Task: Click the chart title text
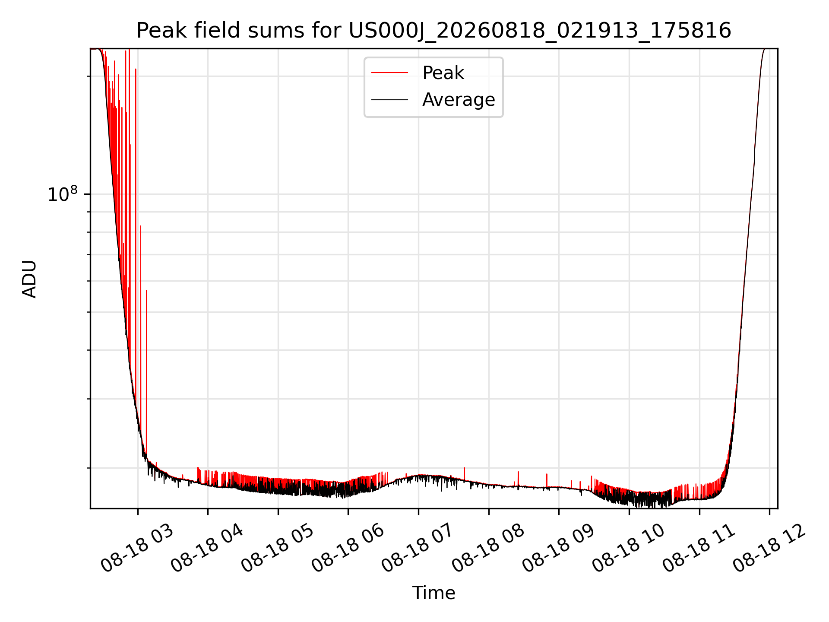(x=433, y=31)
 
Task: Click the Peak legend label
(x=443, y=73)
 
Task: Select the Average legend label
(x=459, y=100)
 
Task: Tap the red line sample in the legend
(x=389, y=73)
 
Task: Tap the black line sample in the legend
(x=389, y=100)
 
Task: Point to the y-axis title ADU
(x=29, y=279)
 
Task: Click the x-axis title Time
(x=433, y=593)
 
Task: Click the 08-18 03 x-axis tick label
(x=137, y=549)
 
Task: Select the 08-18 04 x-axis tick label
(x=207, y=549)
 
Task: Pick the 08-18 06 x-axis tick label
(x=348, y=549)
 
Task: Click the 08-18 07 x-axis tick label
(x=418, y=549)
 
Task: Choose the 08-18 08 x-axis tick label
(x=488, y=549)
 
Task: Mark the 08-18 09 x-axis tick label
(x=558, y=549)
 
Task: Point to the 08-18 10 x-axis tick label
(x=628, y=549)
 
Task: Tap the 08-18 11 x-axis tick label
(x=699, y=549)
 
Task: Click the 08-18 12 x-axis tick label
(x=769, y=549)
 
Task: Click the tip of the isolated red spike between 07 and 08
(x=464, y=468)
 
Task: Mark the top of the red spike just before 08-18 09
(x=547, y=474)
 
